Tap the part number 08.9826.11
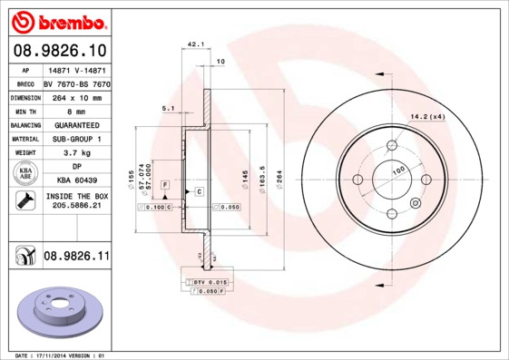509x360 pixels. coord(76,258)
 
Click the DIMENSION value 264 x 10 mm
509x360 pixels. coord(76,96)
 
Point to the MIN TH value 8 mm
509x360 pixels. coord(76,111)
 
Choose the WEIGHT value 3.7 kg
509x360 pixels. coord(76,153)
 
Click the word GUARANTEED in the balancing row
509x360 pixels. coord(76,124)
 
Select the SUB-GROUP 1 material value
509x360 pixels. coord(76,139)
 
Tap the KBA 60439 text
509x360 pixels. coord(76,180)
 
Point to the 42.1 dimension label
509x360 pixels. coord(194,43)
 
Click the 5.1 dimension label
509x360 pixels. coord(167,108)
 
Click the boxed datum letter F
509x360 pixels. coord(166,185)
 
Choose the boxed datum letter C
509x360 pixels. coord(198,191)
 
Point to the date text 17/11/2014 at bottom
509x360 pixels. coord(62,355)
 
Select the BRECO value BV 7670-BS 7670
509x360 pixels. coord(76,83)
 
